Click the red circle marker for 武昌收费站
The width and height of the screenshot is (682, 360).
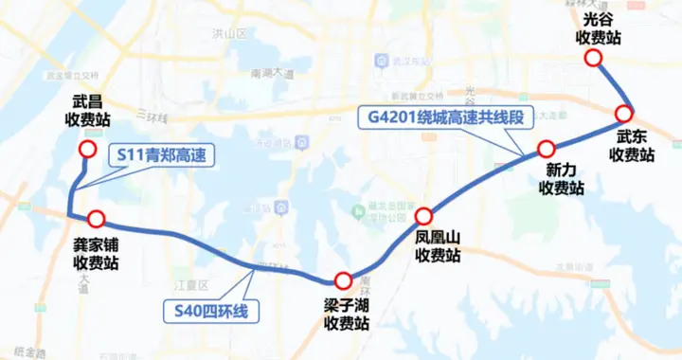click(x=87, y=150)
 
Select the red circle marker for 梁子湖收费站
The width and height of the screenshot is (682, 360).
click(x=343, y=280)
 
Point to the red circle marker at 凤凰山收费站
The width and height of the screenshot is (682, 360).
click(x=422, y=215)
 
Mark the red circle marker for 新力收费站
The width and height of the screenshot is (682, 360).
click(x=546, y=149)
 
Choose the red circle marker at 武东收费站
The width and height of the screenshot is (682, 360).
click(x=626, y=113)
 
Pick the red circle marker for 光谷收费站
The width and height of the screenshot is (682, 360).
click(x=594, y=59)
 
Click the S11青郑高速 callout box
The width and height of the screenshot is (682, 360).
click(x=161, y=155)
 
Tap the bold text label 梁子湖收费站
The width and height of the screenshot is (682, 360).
click(x=346, y=315)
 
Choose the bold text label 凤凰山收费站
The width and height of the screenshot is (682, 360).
click(x=437, y=247)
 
